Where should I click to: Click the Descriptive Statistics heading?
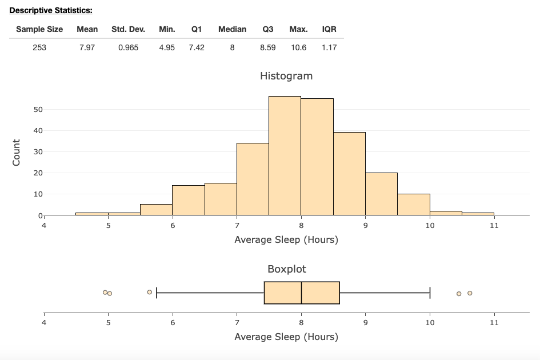click(x=51, y=10)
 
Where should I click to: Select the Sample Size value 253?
click(x=39, y=48)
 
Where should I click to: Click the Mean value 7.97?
click(x=87, y=48)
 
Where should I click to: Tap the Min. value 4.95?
click(x=167, y=48)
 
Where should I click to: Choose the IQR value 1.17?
click(x=329, y=48)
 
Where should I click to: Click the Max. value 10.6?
click(x=298, y=48)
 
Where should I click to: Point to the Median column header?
click(x=232, y=29)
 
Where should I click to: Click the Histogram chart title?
click(x=286, y=76)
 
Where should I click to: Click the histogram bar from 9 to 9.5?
click(x=381, y=194)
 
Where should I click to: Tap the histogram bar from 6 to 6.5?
click(x=188, y=200)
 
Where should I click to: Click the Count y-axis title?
click(x=16, y=153)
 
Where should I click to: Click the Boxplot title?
click(x=286, y=269)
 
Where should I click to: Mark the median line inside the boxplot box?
click(x=301, y=293)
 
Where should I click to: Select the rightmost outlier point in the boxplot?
click(x=470, y=293)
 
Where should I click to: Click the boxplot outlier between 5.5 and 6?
click(x=150, y=292)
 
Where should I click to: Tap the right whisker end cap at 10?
click(x=430, y=293)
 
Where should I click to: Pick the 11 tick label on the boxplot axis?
click(x=494, y=323)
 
